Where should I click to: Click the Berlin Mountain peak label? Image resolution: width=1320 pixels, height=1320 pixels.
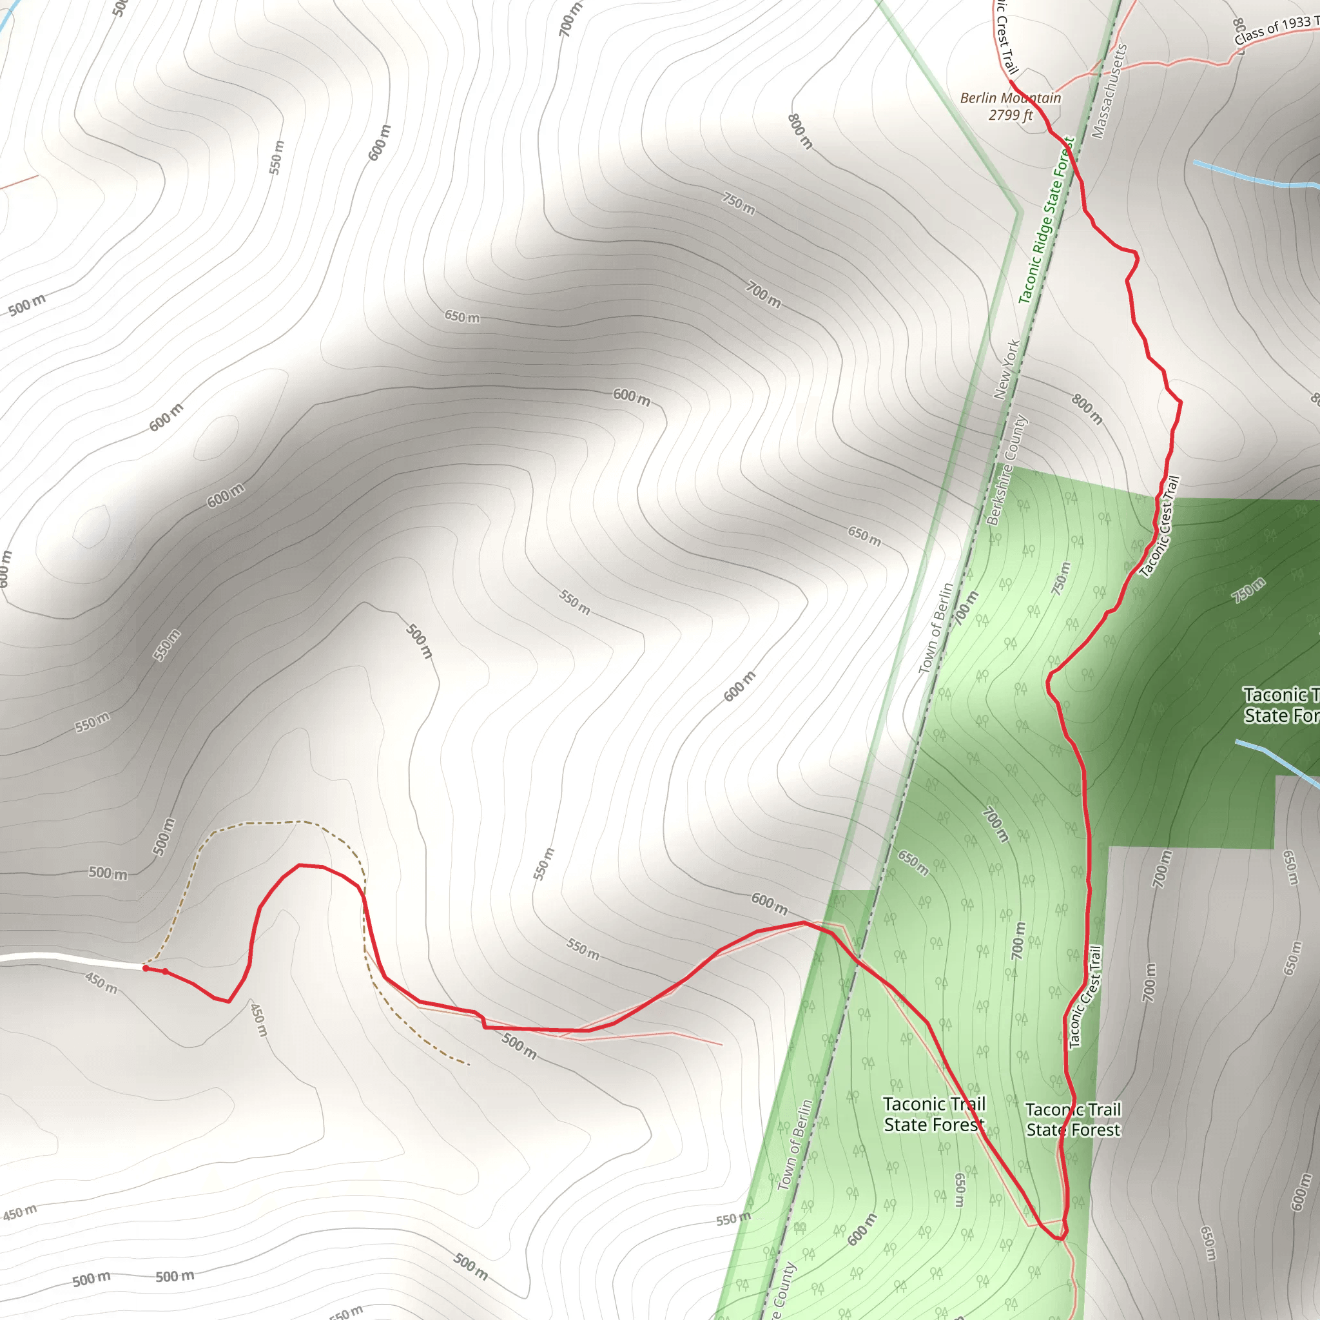pyautogui.click(x=1010, y=99)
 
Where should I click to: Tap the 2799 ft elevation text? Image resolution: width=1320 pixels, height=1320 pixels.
pyautogui.click(x=1010, y=115)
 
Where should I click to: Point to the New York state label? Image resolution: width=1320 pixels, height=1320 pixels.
pyautogui.click(x=1006, y=369)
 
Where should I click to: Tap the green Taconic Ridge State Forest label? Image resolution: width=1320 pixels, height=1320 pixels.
pyautogui.click(x=1046, y=220)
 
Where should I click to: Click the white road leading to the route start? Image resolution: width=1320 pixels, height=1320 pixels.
pyautogui.click(x=68, y=960)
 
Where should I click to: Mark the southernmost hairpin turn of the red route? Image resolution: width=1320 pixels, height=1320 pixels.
pyautogui.click(x=1058, y=1237)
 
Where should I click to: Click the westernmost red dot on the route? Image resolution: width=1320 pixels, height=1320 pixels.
pyautogui.click(x=146, y=967)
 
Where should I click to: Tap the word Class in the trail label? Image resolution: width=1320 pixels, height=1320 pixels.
pyautogui.click(x=1248, y=35)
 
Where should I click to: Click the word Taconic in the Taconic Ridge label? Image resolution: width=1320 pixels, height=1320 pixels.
pyautogui.click(x=1027, y=280)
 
